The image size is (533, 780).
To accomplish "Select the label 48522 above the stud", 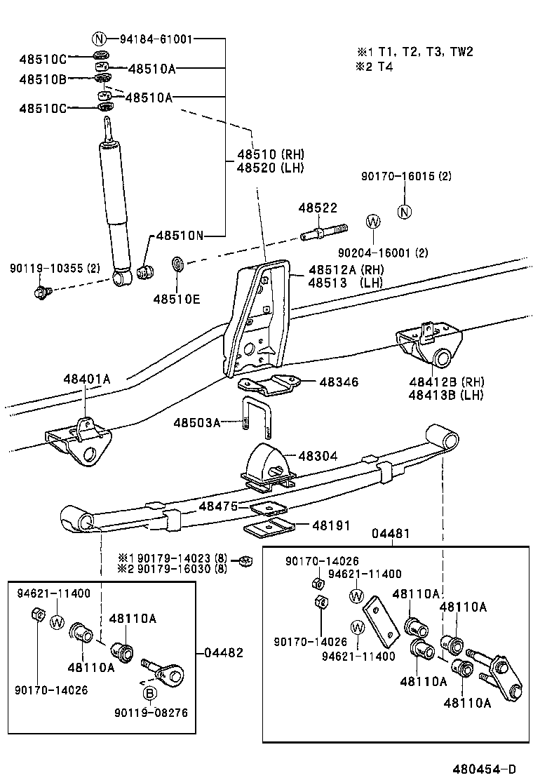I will pyautogui.click(x=318, y=208).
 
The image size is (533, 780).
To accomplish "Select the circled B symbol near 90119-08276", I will pyautogui.click(x=149, y=694).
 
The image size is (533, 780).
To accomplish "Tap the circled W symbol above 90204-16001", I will pyautogui.click(x=373, y=222).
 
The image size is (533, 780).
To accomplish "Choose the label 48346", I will pyautogui.click(x=339, y=382).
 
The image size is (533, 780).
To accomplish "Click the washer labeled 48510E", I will pyautogui.click(x=178, y=265).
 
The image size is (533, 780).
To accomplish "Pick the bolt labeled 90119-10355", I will pyautogui.click(x=41, y=290).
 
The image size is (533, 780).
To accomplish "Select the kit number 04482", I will pyautogui.click(x=224, y=652).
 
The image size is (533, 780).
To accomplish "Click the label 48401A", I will pyautogui.click(x=85, y=379).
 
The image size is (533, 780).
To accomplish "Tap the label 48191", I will pyautogui.click(x=331, y=525).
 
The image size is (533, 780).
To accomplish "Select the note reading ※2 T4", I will pyautogui.click(x=375, y=67).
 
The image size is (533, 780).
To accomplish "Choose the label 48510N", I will pyautogui.click(x=179, y=236).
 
